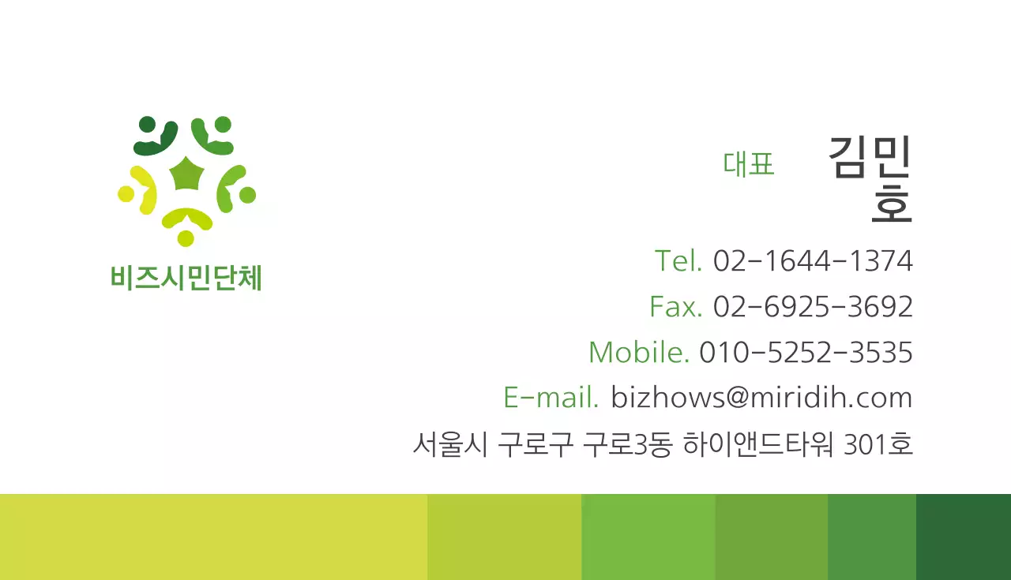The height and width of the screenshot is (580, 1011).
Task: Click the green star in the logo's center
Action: click(x=187, y=174)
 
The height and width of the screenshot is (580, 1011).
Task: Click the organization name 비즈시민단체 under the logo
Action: click(x=186, y=278)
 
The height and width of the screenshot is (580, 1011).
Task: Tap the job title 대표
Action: click(x=748, y=163)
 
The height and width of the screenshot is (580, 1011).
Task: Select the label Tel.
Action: click(x=678, y=260)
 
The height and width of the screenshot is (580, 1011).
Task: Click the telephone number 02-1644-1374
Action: click(x=813, y=260)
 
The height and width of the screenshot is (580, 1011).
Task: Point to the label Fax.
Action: click(x=675, y=306)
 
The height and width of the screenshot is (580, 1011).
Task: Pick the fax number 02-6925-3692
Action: click(x=813, y=306)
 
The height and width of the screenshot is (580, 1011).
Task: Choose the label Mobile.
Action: click(x=639, y=352)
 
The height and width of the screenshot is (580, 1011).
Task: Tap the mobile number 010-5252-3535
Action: click(x=806, y=352)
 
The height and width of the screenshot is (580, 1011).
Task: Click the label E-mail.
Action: click(x=551, y=397)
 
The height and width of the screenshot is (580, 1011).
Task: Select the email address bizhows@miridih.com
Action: click(x=761, y=397)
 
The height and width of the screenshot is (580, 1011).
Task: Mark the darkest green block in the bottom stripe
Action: click(x=963, y=537)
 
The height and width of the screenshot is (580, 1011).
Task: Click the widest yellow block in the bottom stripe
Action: click(x=213, y=537)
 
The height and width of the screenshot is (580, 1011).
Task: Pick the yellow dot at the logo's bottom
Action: click(x=186, y=238)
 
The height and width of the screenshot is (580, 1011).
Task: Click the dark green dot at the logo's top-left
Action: click(x=147, y=124)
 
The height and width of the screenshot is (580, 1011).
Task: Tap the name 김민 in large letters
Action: click(x=870, y=156)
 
